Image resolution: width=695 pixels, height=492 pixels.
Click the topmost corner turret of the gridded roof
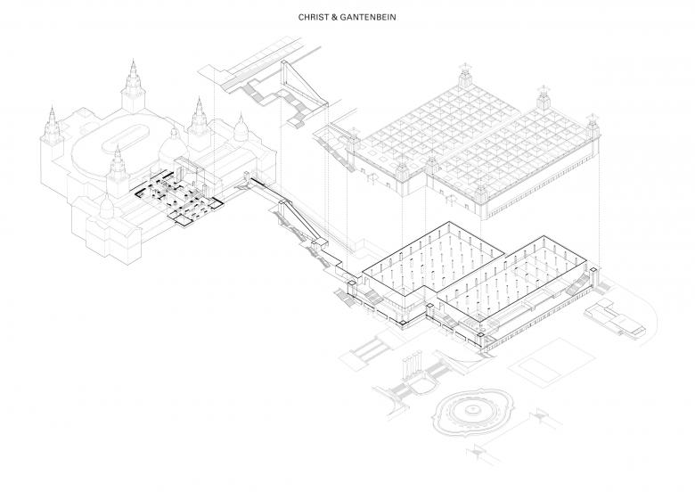pos(464,78)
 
